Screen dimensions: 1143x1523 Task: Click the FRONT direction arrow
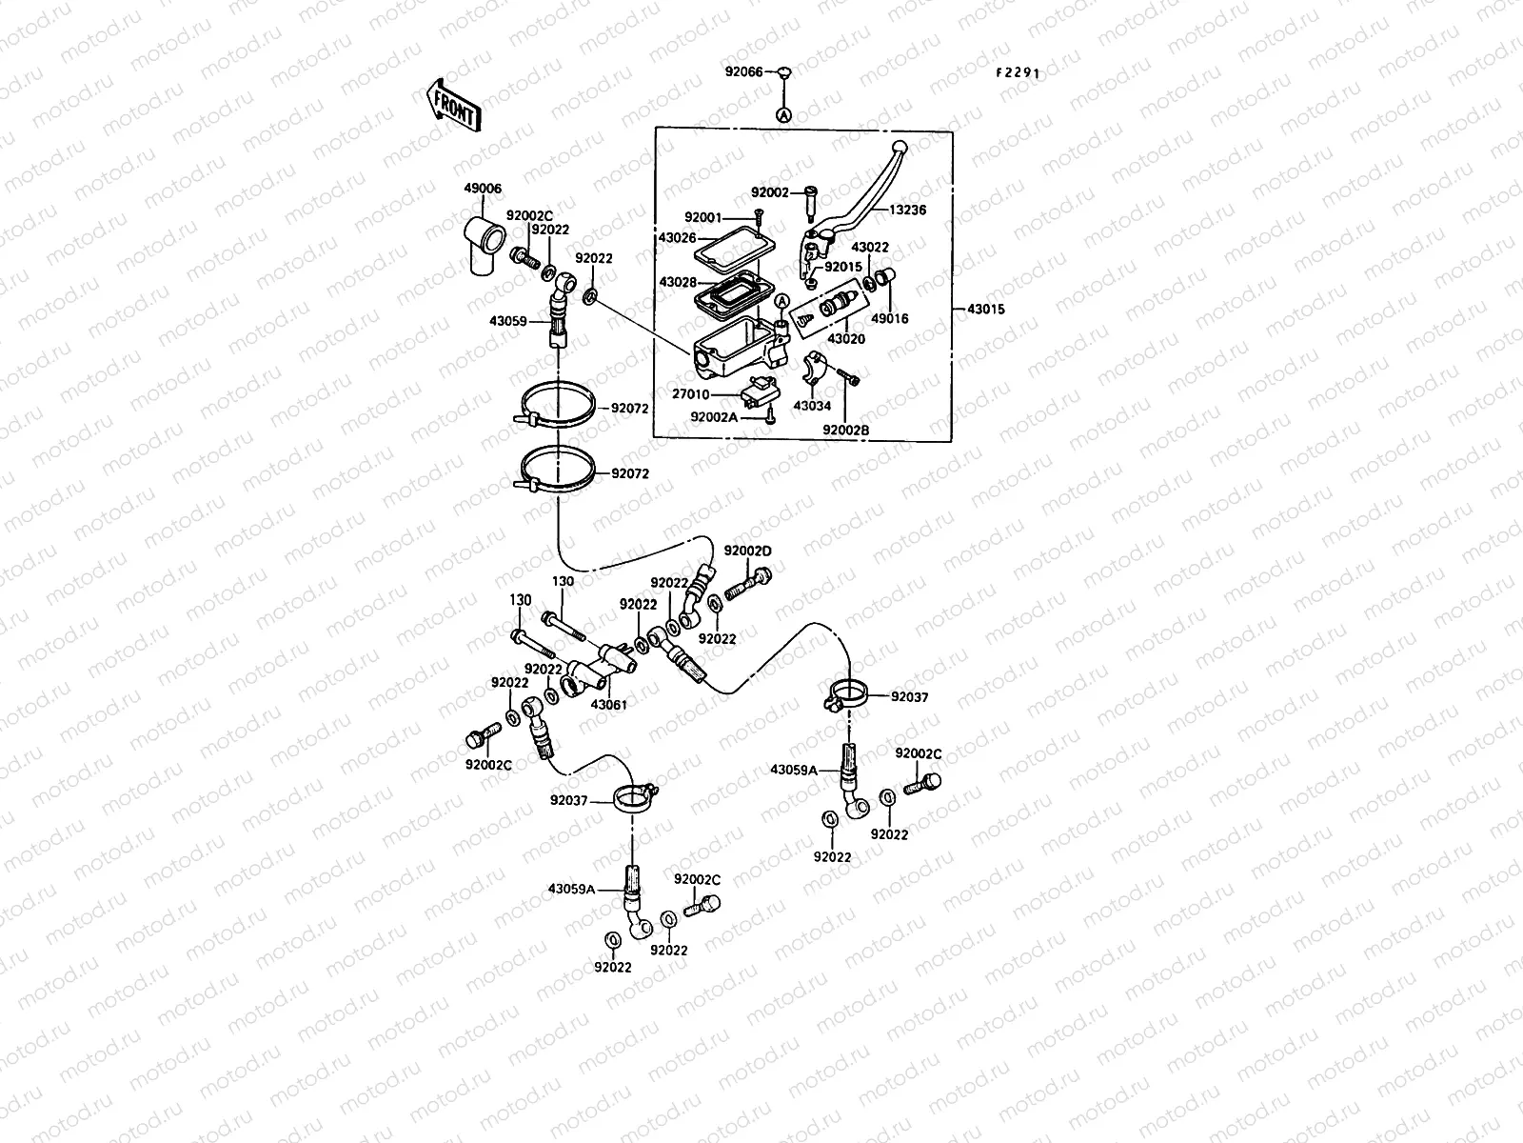point(455,105)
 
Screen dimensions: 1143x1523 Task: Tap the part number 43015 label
point(985,310)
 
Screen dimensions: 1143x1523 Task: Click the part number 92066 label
point(743,71)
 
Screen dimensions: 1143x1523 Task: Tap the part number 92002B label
point(847,430)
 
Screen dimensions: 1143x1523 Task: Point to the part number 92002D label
point(747,551)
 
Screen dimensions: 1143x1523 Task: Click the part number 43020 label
point(846,338)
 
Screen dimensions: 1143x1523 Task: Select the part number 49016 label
point(890,319)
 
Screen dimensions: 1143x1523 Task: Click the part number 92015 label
point(842,268)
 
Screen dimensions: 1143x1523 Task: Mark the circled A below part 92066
point(784,114)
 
